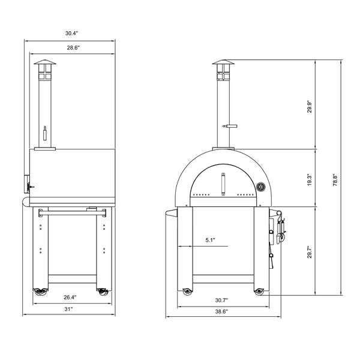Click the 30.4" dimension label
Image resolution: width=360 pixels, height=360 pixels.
[69, 33]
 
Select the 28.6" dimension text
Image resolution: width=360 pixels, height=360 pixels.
[73, 47]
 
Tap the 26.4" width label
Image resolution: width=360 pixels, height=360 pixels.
[70, 296]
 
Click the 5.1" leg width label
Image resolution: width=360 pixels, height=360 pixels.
[210, 240]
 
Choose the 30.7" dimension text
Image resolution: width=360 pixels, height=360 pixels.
[223, 299]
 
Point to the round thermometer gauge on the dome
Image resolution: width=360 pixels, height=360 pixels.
[260, 187]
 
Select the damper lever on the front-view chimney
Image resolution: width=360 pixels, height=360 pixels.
[229, 126]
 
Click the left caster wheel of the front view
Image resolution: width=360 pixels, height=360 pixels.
[187, 292]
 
